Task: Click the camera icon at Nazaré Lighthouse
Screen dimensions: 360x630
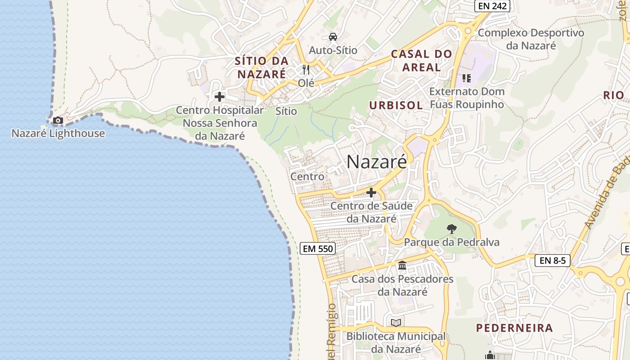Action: (x=58, y=120)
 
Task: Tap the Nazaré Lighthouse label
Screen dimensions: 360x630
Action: (x=58, y=133)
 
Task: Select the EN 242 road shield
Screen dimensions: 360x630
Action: (x=492, y=6)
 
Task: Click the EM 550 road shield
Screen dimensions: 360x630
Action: (x=318, y=248)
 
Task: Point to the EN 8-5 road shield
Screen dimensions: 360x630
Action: (x=553, y=260)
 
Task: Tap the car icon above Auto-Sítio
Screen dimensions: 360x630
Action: (x=333, y=37)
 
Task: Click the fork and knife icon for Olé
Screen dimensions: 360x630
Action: (x=306, y=70)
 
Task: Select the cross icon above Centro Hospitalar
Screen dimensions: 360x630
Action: (x=220, y=97)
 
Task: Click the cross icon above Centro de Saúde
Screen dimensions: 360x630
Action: (x=371, y=193)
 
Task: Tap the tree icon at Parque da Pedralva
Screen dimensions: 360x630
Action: (x=451, y=229)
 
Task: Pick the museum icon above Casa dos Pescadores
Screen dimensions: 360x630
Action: (x=402, y=265)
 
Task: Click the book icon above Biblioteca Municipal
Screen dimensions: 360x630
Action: (x=396, y=323)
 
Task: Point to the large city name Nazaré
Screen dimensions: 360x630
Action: (x=377, y=162)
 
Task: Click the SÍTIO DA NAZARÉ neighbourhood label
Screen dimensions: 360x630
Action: (x=261, y=67)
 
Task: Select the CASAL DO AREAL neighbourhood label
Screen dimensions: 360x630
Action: (x=422, y=61)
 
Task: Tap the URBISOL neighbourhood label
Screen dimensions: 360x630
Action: (x=396, y=105)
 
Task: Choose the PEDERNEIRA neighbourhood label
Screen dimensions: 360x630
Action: (x=514, y=328)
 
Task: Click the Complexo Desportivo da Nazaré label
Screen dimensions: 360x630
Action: (x=531, y=39)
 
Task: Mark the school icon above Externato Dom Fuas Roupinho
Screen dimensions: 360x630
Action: (x=466, y=78)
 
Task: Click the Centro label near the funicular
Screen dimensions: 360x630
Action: (x=307, y=176)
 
